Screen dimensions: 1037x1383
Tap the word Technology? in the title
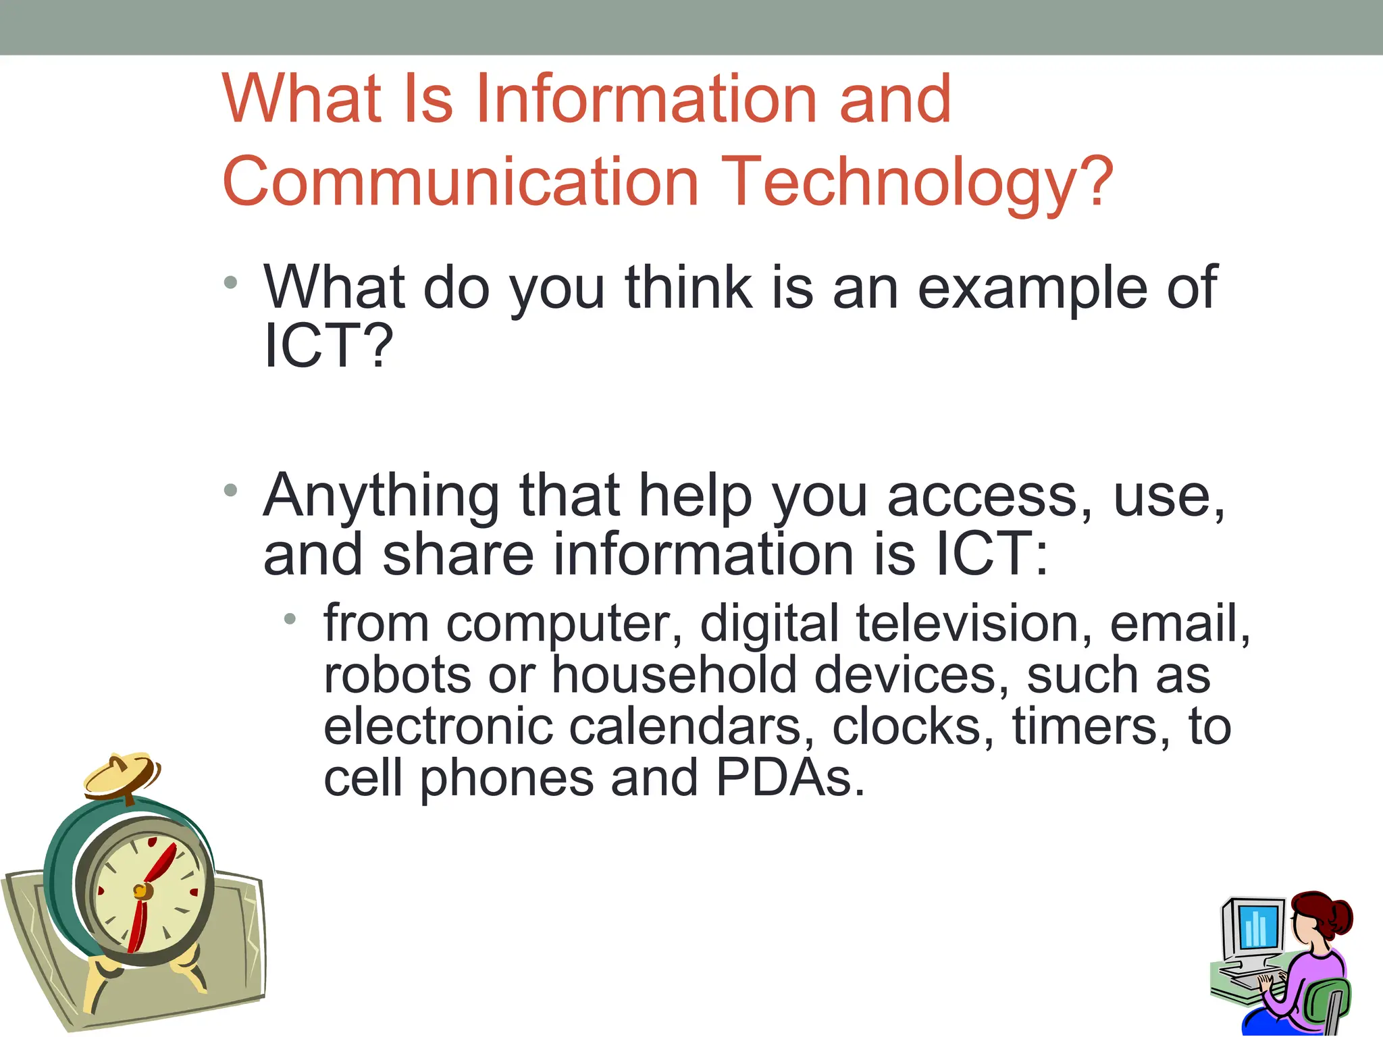pos(917,182)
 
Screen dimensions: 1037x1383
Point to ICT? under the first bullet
pos(328,346)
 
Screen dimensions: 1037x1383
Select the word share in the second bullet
pos(459,555)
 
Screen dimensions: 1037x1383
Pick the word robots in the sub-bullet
pos(397,675)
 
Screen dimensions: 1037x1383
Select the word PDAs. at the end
pos(790,778)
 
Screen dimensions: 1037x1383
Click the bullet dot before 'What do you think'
pos(231,282)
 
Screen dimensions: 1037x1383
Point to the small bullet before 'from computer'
pos(290,618)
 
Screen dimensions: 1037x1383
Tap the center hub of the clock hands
pos(141,892)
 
